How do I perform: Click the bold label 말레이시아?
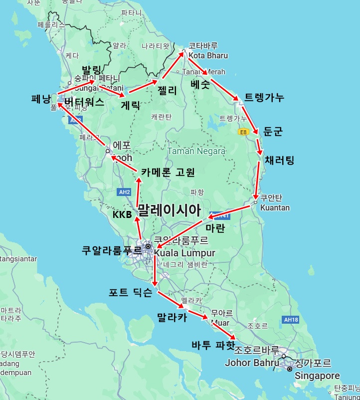169,209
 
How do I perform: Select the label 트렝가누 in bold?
264,98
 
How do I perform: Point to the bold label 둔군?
273,132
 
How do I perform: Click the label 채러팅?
280,160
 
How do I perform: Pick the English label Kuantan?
275,207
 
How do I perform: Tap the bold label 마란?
215,228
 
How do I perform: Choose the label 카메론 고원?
168,172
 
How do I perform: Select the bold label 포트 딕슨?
131,293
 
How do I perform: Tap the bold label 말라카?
172,317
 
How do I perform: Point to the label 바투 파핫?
213,345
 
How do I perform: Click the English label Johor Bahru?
252,363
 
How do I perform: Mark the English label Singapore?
317,376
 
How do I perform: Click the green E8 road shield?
243,132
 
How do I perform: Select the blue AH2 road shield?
125,192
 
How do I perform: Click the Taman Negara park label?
196,151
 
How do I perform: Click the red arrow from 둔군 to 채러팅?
259,145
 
